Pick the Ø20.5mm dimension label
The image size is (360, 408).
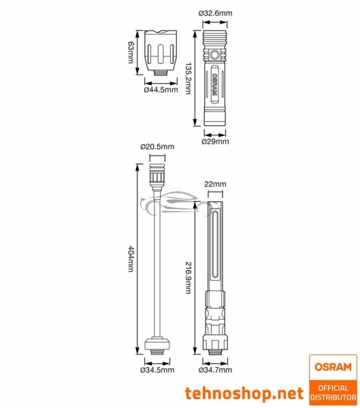coord(157,146)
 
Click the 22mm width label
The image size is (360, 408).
coord(215,184)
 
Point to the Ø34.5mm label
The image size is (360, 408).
coord(158,370)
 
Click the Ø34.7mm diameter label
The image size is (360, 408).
coord(215,370)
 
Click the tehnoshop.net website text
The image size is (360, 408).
coord(244,392)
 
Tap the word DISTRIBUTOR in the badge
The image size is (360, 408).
coord(332,396)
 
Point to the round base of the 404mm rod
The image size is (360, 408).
coord(158,344)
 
